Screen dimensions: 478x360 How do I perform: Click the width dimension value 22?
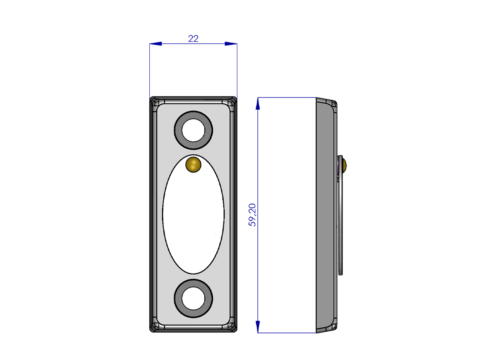click(x=193, y=39)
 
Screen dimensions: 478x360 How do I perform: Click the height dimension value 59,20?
click(x=252, y=215)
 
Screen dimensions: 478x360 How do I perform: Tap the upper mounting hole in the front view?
click(x=193, y=130)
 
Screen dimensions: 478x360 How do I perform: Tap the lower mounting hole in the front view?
click(x=193, y=298)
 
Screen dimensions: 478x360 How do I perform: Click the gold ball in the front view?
click(x=193, y=165)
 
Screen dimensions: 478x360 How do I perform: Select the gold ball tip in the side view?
click(x=344, y=165)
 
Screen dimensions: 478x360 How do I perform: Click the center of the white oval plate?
click(x=193, y=214)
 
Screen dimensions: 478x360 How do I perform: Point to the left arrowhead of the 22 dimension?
click(x=155, y=44)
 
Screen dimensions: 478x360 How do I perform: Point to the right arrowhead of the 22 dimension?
click(x=231, y=44)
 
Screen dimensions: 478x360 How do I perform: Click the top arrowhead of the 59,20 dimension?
click(x=258, y=104)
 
